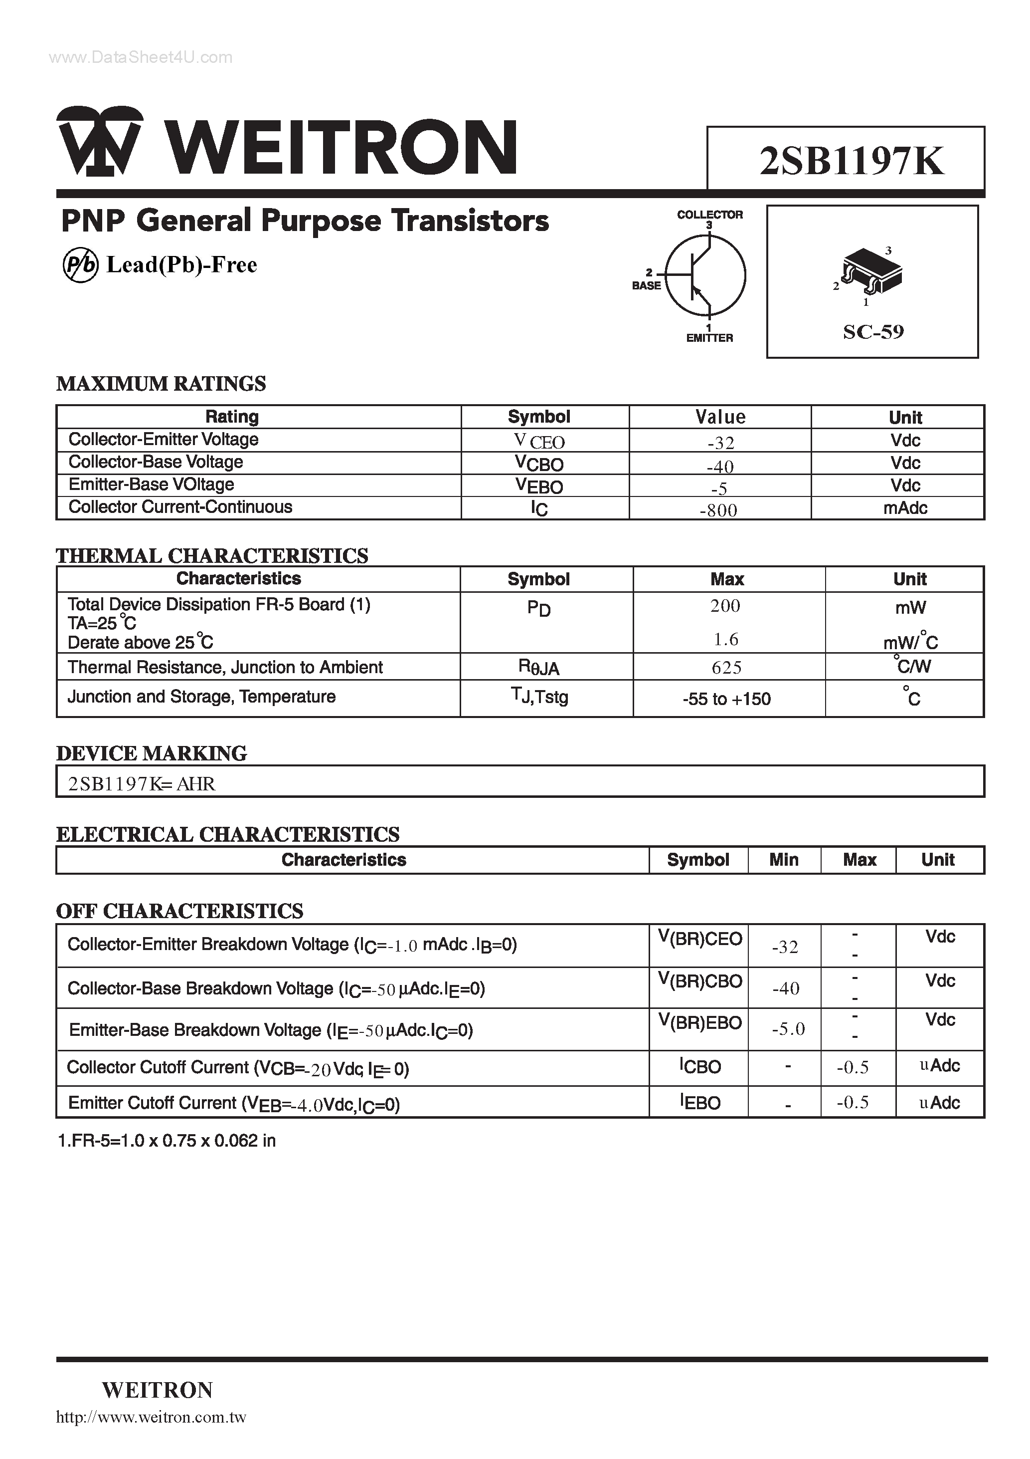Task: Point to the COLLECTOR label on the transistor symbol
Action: (x=709, y=215)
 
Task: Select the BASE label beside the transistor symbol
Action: (x=647, y=286)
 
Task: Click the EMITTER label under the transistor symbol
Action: (x=709, y=338)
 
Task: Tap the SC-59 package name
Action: (x=873, y=332)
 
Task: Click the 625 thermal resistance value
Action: (x=726, y=667)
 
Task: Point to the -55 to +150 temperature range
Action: (x=726, y=699)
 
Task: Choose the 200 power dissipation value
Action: (x=725, y=606)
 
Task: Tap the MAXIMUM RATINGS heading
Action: (x=162, y=384)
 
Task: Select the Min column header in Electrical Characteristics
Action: (x=784, y=860)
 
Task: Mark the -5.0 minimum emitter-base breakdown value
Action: (x=788, y=1029)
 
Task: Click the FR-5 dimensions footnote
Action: (x=167, y=1141)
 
